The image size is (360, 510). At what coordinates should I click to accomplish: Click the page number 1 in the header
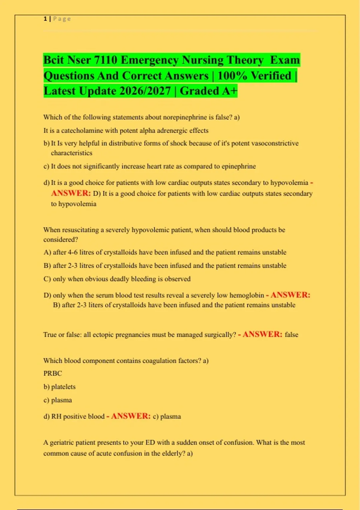click(45, 19)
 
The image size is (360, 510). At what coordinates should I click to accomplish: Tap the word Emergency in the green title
click(150, 60)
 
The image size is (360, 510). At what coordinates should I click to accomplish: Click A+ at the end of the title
click(229, 91)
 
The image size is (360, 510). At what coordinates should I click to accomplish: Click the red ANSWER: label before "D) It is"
click(71, 193)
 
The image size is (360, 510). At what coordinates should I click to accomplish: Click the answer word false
click(291, 335)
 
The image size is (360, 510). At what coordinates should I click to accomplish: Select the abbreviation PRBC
click(52, 373)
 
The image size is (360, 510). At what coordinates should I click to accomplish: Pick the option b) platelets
click(59, 387)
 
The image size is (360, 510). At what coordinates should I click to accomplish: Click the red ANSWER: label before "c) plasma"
click(131, 416)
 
